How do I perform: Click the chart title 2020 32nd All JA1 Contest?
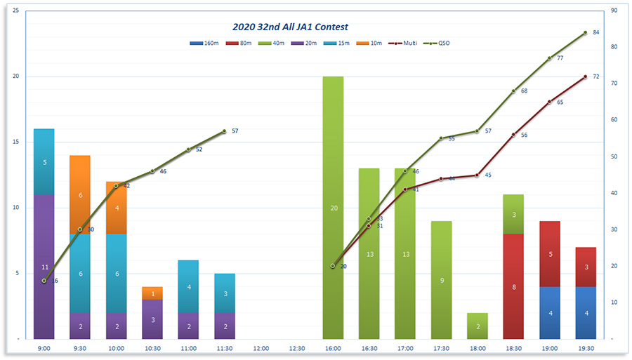[x=290, y=27]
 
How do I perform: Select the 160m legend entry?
[x=205, y=44]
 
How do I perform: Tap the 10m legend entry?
[x=370, y=44]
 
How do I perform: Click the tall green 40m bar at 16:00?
[x=333, y=208]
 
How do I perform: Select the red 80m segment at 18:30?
[x=513, y=286]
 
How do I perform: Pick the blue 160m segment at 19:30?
[x=586, y=312]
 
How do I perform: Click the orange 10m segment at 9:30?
[x=80, y=194]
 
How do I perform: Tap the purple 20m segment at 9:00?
[x=44, y=267]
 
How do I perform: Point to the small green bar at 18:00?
[x=478, y=326]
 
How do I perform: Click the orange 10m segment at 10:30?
[x=152, y=293]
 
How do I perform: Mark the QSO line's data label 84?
[x=596, y=32]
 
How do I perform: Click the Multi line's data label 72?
[x=596, y=76]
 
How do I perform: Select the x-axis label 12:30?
[x=296, y=348]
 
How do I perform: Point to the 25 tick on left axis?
[x=16, y=11]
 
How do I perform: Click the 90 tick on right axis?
[x=614, y=11]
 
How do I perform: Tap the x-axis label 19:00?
[x=549, y=348]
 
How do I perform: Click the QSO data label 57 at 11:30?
[x=235, y=131]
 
